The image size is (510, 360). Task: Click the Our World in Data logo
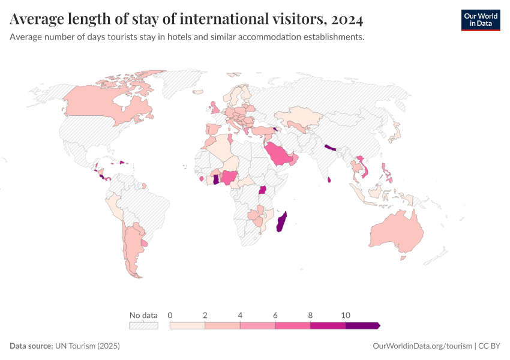[x=480, y=20]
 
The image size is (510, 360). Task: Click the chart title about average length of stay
[x=186, y=20]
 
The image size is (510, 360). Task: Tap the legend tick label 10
[x=346, y=315]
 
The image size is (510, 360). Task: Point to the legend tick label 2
[x=205, y=315]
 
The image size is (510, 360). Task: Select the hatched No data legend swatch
[x=143, y=325]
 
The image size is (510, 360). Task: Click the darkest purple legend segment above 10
[x=362, y=325]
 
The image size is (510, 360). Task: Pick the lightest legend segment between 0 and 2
[x=187, y=325]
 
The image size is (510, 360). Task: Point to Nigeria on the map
[x=230, y=177]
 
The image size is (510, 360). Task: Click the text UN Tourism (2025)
[x=88, y=346]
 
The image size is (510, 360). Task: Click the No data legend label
[x=143, y=315]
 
